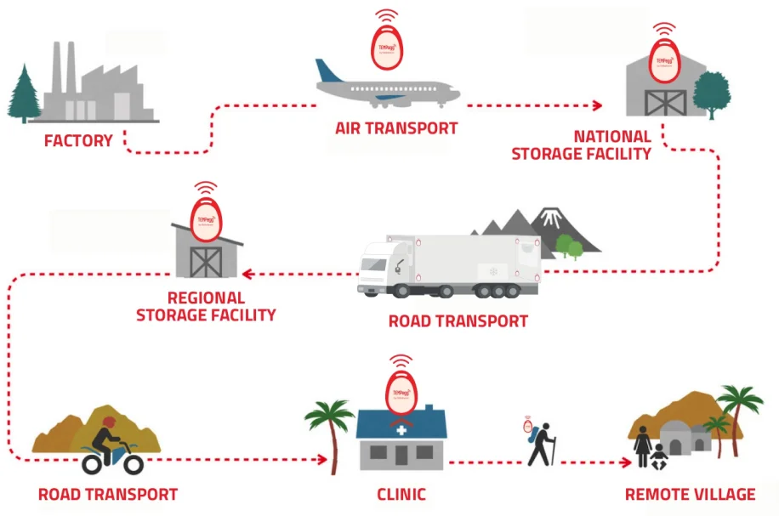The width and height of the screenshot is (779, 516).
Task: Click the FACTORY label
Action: tap(78, 140)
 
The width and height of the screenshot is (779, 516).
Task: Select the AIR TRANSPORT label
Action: tap(396, 128)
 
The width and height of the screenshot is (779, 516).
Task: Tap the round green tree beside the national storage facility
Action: tap(710, 92)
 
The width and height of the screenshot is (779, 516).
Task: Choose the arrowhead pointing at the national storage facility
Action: tap(597, 105)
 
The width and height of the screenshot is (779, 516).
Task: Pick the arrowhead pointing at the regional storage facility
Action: tap(246, 274)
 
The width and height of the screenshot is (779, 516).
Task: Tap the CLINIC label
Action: tap(401, 494)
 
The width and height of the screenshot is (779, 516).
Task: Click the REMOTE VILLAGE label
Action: tap(690, 494)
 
